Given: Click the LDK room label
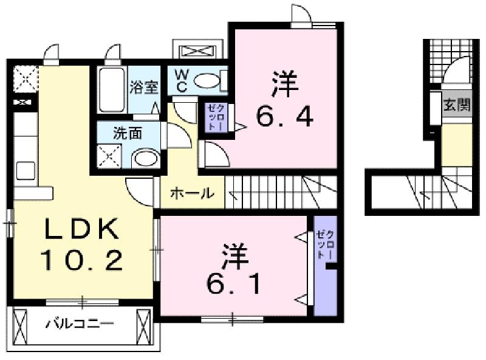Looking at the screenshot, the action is pyautogui.click(x=82, y=229).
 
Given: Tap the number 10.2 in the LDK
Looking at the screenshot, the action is pyautogui.click(x=82, y=260).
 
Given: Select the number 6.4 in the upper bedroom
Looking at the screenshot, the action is pyautogui.click(x=284, y=116).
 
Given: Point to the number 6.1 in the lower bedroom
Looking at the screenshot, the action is pyautogui.click(x=233, y=283).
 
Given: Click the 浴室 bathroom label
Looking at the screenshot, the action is pyautogui.click(x=144, y=87).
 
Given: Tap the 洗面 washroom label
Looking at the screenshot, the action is pyautogui.click(x=128, y=133).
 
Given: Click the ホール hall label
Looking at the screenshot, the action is pyautogui.click(x=192, y=193).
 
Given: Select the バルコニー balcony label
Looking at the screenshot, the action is pyautogui.click(x=80, y=324).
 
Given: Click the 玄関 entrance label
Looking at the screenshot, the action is pyautogui.click(x=457, y=105).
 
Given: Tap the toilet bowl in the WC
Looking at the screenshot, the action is pyautogui.click(x=207, y=81).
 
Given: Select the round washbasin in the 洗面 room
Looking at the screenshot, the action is pyautogui.click(x=146, y=158).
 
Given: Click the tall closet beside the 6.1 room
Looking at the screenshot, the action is pyautogui.click(x=325, y=266).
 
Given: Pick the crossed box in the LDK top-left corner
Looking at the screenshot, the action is pyautogui.click(x=26, y=78).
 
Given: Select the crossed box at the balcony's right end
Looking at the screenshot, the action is pyautogui.click(x=143, y=327).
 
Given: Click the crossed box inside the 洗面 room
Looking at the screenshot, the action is pyautogui.click(x=109, y=156).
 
